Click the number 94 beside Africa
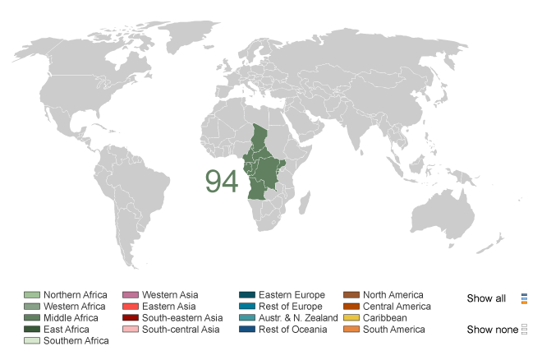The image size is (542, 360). [222, 182]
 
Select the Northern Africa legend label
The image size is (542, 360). [76, 295]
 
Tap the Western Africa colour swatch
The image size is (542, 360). [31, 307]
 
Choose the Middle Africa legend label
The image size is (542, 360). [71, 318]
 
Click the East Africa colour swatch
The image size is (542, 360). [31, 330]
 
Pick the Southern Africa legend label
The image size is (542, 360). [76, 341]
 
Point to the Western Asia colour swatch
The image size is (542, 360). [130, 295]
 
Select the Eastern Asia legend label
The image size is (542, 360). [169, 307]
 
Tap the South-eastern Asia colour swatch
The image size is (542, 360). [130, 318]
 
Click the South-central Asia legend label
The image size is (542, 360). [181, 330]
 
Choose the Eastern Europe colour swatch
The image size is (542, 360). [246, 295]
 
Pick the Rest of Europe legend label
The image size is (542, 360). [292, 307]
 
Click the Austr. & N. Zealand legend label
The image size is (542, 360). [298, 318]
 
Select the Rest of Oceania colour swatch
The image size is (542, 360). [246, 330]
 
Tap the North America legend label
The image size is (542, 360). [393, 295]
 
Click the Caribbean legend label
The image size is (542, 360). [385, 318]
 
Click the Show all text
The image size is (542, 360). [486, 298]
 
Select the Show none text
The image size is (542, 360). [492, 330]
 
